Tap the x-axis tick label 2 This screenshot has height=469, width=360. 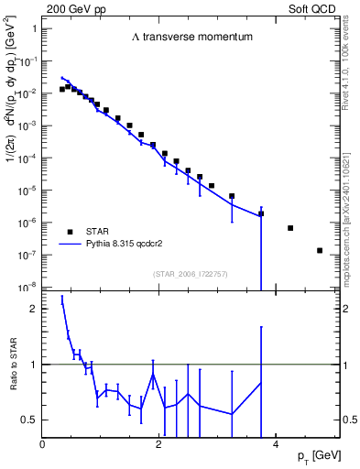click(x=159, y=443)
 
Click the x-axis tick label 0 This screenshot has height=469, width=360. click(x=43, y=443)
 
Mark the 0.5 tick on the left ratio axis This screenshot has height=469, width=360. click(x=31, y=420)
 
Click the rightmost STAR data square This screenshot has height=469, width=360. click(x=320, y=250)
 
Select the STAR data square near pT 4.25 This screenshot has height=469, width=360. click(x=290, y=228)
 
